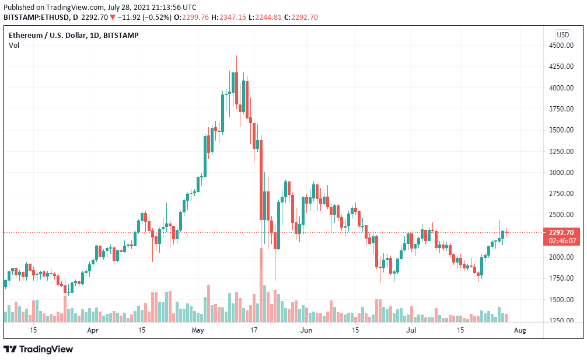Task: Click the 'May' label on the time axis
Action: [198, 330]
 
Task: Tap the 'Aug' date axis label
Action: [520, 330]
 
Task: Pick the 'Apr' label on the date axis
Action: [92, 330]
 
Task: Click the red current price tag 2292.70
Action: [561, 232]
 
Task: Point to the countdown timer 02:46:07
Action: [561, 240]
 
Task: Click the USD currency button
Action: [563, 34]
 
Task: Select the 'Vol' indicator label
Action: [13, 46]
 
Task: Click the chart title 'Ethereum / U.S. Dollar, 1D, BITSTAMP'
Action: [74, 35]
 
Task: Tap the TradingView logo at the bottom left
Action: [39, 349]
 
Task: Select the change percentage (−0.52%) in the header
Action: [157, 17]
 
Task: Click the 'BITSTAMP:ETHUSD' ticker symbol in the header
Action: [36, 17]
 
